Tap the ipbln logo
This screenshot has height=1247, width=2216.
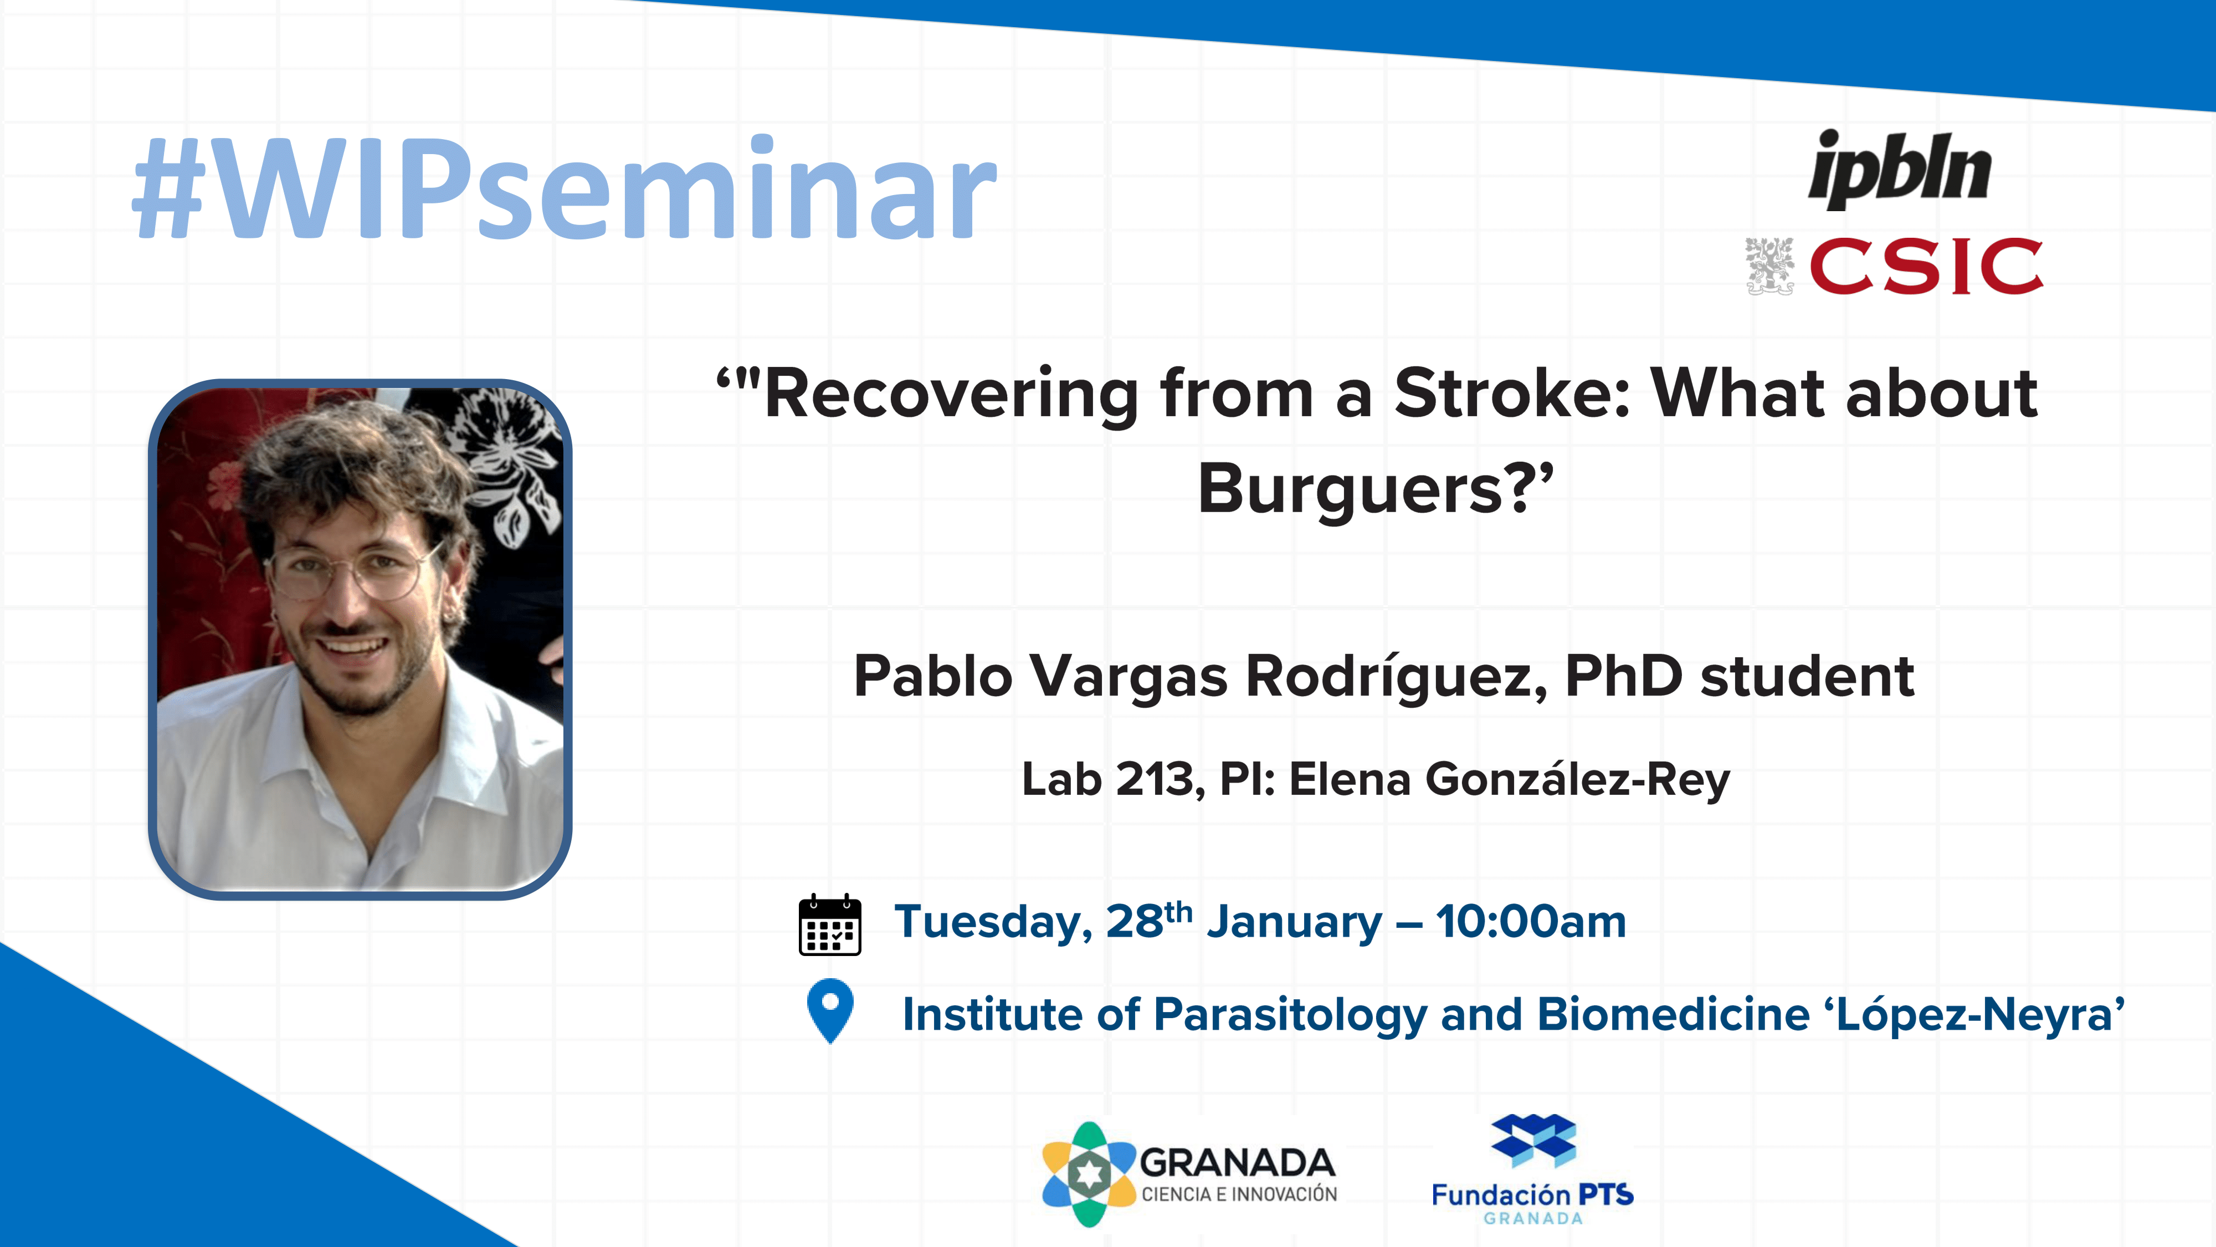point(1900,170)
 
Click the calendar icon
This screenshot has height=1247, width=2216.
point(829,925)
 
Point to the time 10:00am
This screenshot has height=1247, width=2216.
point(1531,922)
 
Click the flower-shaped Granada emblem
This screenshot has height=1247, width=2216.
point(1089,1174)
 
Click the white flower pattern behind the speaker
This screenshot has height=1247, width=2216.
point(507,465)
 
